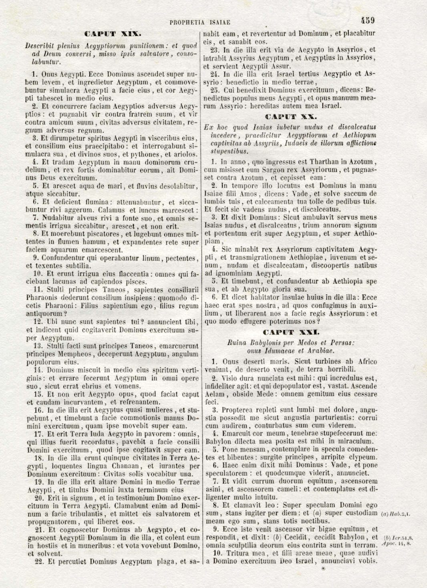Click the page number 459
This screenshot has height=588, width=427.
(367, 20)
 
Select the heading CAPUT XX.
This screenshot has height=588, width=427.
(291, 117)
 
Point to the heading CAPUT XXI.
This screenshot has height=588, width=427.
(291, 332)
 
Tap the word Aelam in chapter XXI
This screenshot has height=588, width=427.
(214, 394)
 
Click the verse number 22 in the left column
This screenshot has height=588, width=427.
(39, 562)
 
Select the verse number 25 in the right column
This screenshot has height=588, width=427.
(215, 90)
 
